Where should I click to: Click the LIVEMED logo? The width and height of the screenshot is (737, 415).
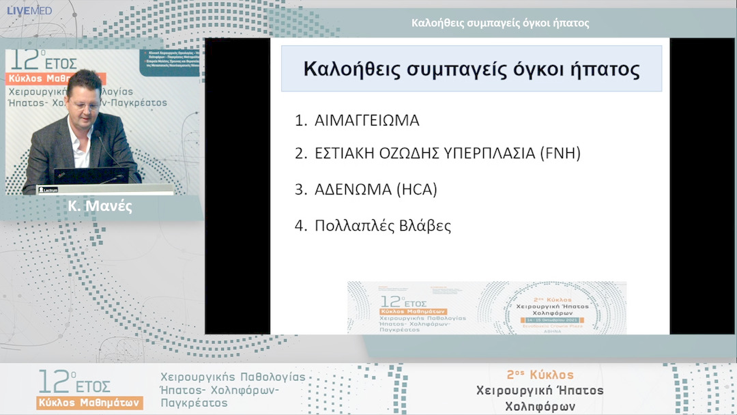[x=29, y=10]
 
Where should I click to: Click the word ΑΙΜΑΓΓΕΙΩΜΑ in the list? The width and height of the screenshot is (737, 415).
[x=366, y=121]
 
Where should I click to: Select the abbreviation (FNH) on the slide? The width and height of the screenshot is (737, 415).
[x=560, y=153]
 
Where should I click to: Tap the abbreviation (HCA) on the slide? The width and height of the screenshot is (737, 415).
[x=416, y=189]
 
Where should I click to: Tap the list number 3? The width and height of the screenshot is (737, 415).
[x=300, y=189]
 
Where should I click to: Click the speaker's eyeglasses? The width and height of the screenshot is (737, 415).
[x=84, y=106]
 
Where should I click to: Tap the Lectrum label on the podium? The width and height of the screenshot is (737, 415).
[x=48, y=189]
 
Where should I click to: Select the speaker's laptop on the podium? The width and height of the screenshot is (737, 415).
[x=90, y=175]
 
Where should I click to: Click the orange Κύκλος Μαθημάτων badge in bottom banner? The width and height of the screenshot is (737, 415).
[x=89, y=402]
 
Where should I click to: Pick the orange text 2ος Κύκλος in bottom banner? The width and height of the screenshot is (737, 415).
[x=540, y=375]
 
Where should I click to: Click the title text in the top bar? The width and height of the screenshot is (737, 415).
[x=500, y=23]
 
